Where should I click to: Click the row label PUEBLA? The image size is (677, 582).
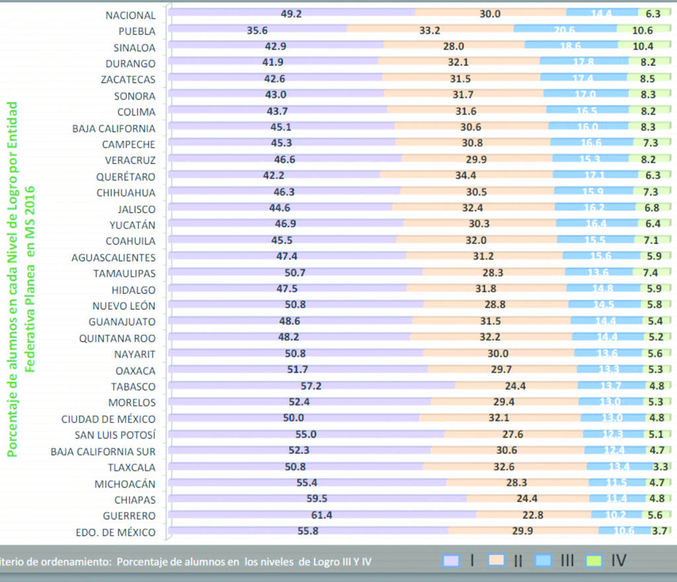(x=137, y=31)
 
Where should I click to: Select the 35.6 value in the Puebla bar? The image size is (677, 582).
(x=257, y=30)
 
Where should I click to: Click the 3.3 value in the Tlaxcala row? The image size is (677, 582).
(x=660, y=467)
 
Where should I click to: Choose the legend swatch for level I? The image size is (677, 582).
(x=452, y=561)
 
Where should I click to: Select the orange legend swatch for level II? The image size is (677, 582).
(x=498, y=561)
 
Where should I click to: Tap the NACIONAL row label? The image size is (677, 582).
(x=131, y=15)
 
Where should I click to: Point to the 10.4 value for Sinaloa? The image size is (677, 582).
(x=642, y=46)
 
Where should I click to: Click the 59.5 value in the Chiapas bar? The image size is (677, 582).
(x=316, y=499)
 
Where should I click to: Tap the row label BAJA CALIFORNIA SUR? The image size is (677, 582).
(x=103, y=451)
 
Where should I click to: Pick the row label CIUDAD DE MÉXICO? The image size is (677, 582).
(x=108, y=419)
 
